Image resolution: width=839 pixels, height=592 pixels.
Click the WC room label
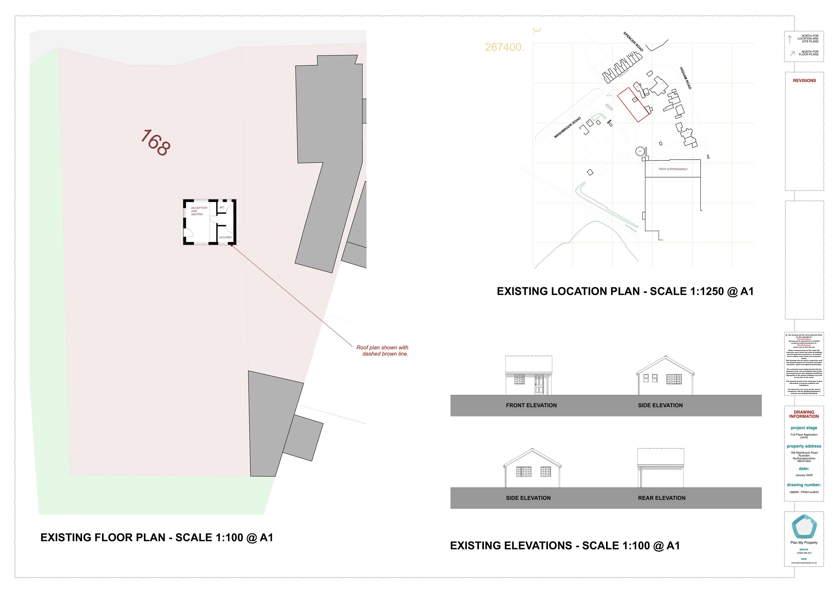pos(222,207)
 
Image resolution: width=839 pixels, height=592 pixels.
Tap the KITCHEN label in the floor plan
pos(225,237)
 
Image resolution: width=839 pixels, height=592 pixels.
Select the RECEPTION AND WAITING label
pos(198,211)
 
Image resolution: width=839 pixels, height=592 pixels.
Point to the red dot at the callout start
pos(232,245)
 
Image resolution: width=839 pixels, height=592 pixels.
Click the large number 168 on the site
pos(155,143)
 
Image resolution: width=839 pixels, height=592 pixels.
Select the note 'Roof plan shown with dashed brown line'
pos(383,351)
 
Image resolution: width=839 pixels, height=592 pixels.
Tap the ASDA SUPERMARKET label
pos(673,169)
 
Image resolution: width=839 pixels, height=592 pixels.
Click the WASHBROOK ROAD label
pos(567,128)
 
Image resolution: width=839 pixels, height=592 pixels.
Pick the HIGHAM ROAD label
pos(685,78)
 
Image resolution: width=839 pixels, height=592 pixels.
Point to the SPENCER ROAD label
pos(633,42)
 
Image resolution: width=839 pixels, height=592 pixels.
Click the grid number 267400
pos(504,47)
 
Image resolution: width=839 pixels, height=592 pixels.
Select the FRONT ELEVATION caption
pos(531,405)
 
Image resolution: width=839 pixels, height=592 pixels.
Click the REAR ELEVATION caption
pos(661,498)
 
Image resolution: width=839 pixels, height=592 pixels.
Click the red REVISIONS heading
pos(804,81)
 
